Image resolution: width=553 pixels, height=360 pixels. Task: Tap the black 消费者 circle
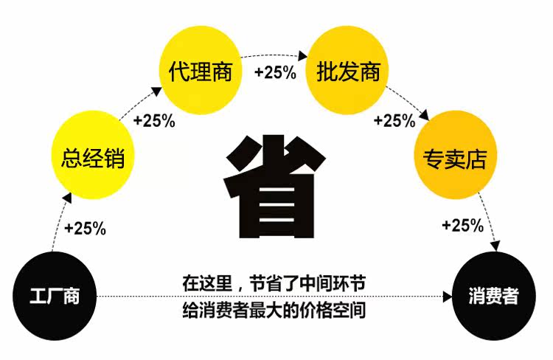[493, 297]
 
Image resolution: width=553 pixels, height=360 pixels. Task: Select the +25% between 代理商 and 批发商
[275, 72]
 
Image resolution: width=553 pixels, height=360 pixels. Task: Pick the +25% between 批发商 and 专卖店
[394, 120]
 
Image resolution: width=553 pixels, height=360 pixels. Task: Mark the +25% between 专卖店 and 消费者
[462, 226]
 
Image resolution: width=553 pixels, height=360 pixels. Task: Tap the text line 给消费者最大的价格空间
[274, 310]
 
